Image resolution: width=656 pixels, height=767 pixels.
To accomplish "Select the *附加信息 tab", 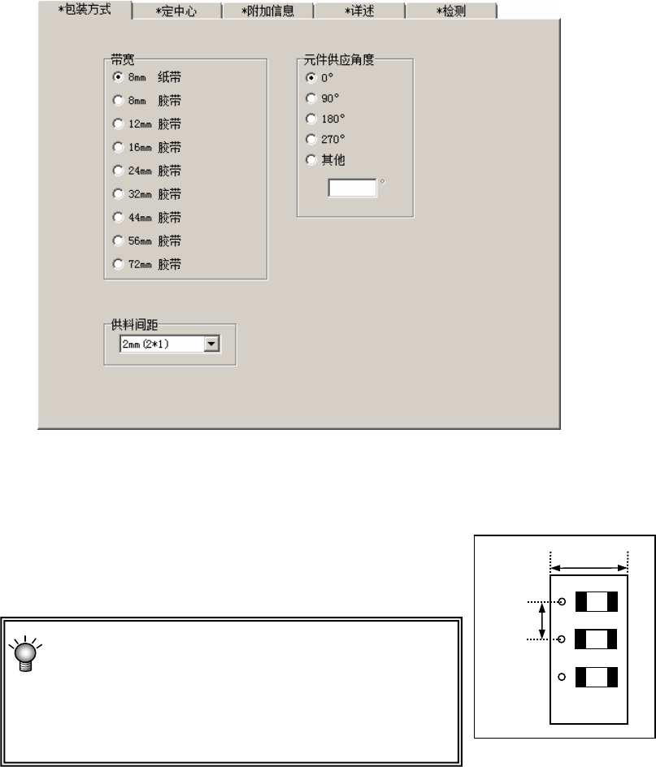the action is pyautogui.click(x=267, y=12).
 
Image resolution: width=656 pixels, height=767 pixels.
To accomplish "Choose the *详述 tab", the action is pyautogui.click(x=358, y=12).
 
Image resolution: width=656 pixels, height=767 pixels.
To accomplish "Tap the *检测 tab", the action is pyautogui.click(x=450, y=12).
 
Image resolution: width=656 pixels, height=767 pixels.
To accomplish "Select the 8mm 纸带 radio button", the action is pyautogui.click(x=119, y=77).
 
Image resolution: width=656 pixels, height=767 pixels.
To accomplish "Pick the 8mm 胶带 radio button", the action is pyautogui.click(x=119, y=101).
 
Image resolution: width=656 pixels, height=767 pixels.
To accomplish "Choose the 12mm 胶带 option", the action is pyautogui.click(x=119, y=124).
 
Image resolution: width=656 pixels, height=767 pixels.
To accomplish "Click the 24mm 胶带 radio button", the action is pyautogui.click(x=119, y=171).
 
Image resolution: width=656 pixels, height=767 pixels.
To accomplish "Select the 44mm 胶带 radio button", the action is pyautogui.click(x=119, y=218).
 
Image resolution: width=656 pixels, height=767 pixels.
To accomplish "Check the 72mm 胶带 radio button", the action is pyautogui.click(x=119, y=265).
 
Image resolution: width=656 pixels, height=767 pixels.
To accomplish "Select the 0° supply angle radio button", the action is pyautogui.click(x=311, y=78).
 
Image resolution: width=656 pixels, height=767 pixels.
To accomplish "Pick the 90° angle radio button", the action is pyautogui.click(x=311, y=98).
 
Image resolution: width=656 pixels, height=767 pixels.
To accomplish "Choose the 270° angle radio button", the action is pyautogui.click(x=311, y=140).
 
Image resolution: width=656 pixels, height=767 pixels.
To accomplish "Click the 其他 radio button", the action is pyautogui.click(x=311, y=160).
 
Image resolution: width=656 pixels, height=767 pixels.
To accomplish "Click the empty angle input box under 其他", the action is pyautogui.click(x=352, y=188).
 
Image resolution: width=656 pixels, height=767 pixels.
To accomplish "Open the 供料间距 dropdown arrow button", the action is pyautogui.click(x=211, y=344).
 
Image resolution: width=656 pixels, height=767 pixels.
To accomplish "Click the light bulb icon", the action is pyautogui.click(x=26, y=652).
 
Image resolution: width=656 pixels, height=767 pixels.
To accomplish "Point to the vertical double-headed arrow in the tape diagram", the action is pyautogui.click(x=543, y=621).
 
